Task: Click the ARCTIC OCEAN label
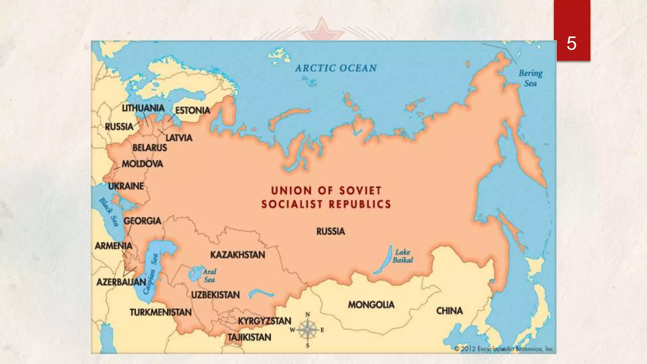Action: (x=336, y=68)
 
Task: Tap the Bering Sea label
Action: (x=530, y=78)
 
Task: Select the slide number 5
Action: (x=571, y=43)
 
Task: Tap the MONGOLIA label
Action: (x=371, y=305)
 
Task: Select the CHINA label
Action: (x=449, y=311)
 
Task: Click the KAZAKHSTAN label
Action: (x=238, y=255)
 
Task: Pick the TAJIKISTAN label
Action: (x=249, y=337)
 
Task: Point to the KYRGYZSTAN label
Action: (x=264, y=321)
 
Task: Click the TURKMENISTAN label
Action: (x=160, y=312)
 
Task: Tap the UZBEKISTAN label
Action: (x=215, y=295)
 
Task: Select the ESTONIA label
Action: (x=193, y=110)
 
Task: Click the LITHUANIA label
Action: (x=143, y=108)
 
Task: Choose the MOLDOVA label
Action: (x=142, y=164)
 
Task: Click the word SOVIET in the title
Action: (x=360, y=191)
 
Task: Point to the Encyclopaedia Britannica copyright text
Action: (x=504, y=349)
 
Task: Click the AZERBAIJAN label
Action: (x=121, y=282)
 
